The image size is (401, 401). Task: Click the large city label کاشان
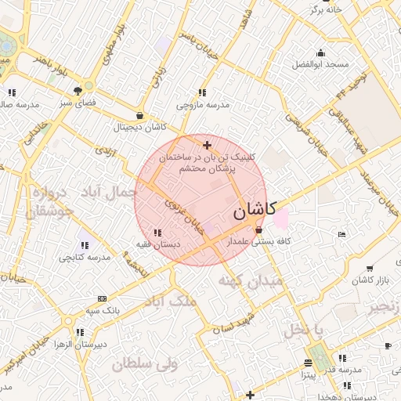tap(255, 211)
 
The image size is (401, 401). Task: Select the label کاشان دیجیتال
tap(139, 126)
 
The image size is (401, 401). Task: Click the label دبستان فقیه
tap(157, 244)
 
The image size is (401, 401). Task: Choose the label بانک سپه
tap(103, 310)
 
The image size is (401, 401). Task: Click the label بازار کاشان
tap(371, 280)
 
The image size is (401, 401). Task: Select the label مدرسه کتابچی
tap(83, 257)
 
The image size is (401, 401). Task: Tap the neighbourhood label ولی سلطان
tap(145, 364)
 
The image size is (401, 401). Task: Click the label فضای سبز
tap(78, 103)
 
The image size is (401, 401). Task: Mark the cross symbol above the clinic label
tap(207, 145)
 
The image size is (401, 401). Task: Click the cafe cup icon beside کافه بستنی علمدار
tap(259, 230)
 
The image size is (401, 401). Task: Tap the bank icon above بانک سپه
tap(103, 298)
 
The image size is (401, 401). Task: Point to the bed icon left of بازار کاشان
tap(341, 234)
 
